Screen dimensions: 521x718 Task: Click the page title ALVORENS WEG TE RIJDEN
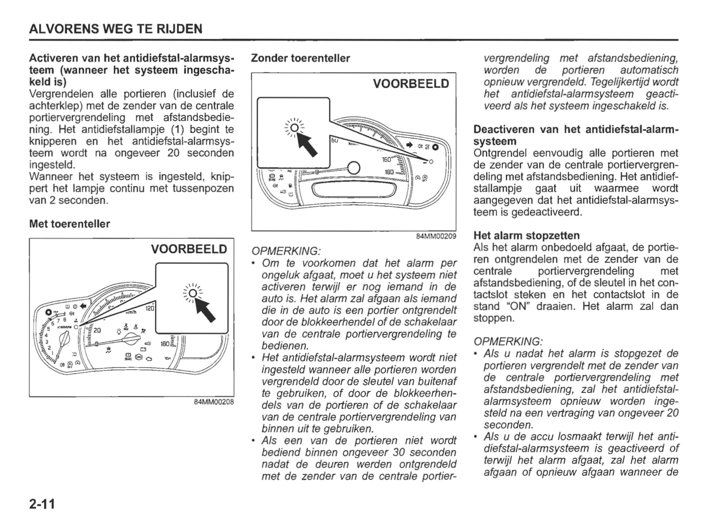point(116,29)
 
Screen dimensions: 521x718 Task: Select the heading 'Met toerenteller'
point(70,224)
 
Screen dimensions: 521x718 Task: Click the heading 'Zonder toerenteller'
point(300,58)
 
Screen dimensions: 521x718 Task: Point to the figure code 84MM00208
point(214,402)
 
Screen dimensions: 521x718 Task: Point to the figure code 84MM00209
point(436,236)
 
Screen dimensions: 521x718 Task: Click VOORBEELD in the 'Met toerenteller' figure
point(189,249)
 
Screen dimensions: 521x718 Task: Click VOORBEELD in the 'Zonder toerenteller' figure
point(410,84)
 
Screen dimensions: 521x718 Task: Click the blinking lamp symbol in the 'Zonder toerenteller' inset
point(294,128)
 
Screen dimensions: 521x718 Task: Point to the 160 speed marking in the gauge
point(387,160)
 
